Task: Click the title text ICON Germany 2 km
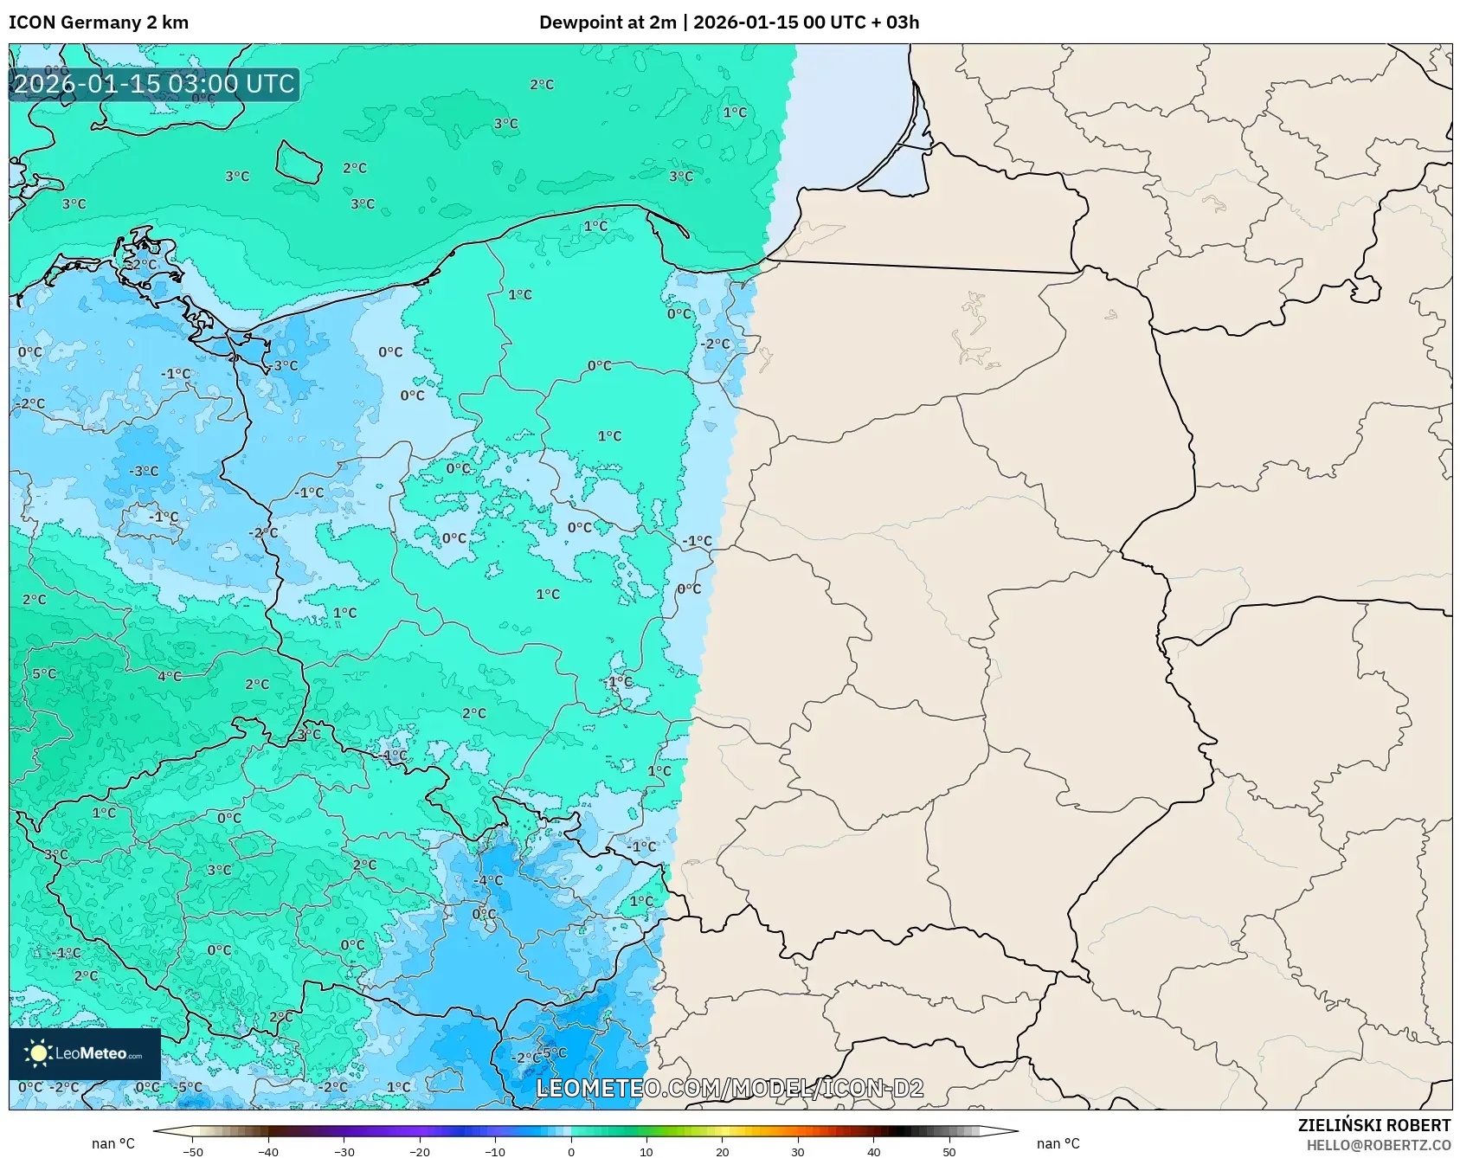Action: coord(98,23)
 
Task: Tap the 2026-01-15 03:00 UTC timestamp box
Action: coord(154,84)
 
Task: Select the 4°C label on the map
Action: coord(170,676)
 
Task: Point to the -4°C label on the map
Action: coord(490,880)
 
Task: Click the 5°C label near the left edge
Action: coord(44,673)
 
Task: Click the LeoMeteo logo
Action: coord(85,1053)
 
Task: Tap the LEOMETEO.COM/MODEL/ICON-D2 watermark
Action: coord(730,1088)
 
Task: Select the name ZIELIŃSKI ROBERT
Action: coord(1373,1125)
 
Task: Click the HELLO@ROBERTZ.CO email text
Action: coord(1378,1145)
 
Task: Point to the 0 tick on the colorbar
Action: coord(571,1151)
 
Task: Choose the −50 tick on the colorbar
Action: coord(193,1151)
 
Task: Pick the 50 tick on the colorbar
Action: coord(949,1151)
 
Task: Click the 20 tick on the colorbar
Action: coord(723,1151)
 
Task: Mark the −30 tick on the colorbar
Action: coord(344,1151)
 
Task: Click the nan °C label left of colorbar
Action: coord(113,1143)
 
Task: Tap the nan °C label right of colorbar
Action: coord(1058,1143)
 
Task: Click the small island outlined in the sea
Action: coord(299,163)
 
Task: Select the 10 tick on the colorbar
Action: coord(646,1151)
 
